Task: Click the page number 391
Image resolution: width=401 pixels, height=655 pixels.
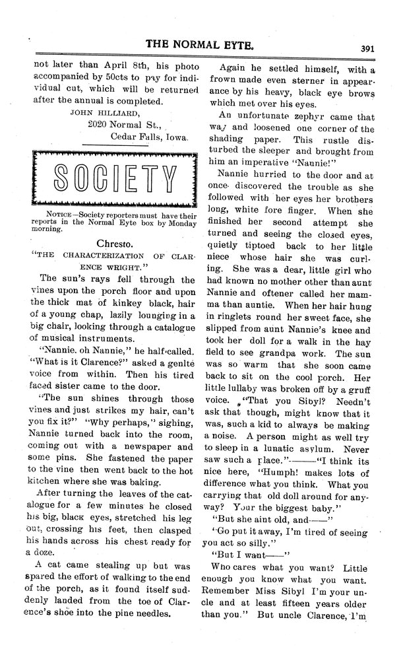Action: pos(369,48)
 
